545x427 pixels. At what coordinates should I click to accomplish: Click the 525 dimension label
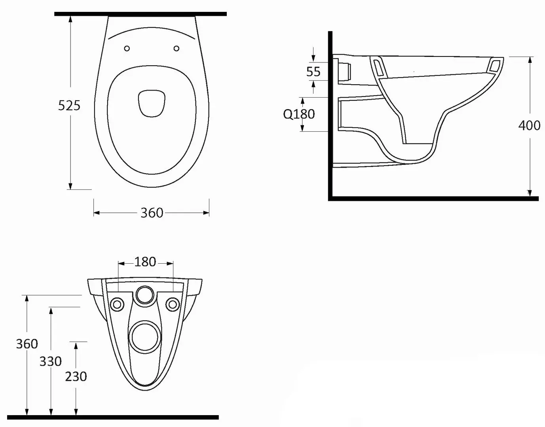click(69, 105)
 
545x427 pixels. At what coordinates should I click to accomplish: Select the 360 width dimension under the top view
click(152, 213)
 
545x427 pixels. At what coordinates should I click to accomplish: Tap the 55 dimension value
click(313, 72)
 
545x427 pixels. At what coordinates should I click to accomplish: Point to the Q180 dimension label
click(299, 114)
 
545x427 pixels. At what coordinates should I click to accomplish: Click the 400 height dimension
click(529, 125)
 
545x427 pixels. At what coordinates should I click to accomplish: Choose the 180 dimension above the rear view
click(145, 262)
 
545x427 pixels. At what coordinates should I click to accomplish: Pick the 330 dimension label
click(51, 361)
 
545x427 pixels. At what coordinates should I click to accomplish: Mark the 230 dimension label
click(76, 376)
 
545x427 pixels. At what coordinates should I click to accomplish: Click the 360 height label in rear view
click(27, 344)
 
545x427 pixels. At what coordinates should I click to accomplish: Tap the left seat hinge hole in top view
click(127, 48)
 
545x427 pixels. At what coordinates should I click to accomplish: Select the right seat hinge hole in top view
click(177, 48)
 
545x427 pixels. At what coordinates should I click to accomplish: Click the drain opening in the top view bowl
click(151, 104)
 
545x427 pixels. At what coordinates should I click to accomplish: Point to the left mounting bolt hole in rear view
click(118, 304)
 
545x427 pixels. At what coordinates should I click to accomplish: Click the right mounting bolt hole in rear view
click(172, 304)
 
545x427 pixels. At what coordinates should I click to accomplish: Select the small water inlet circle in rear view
click(145, 295)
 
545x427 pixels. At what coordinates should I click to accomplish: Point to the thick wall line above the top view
click(140, 14)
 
